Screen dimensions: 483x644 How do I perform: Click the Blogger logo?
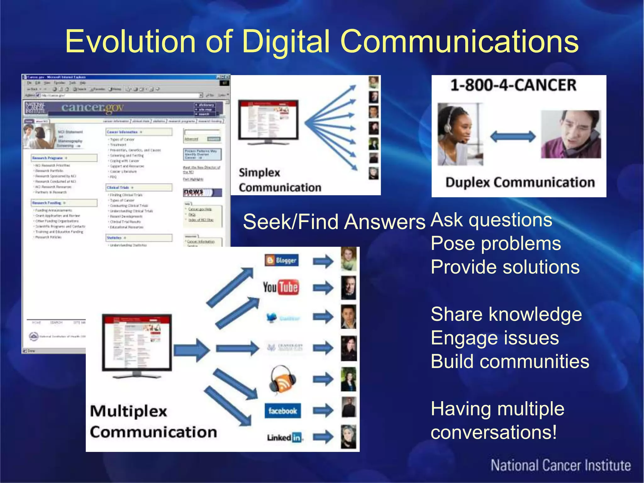point(281,260)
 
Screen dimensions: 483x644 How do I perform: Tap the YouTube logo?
point(281,287)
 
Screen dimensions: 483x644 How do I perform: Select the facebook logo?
point(282,411)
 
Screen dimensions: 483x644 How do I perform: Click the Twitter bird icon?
point(272,318)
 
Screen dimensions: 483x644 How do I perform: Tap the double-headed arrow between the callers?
point(513,137)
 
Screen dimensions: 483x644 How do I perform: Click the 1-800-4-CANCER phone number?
point(513,85)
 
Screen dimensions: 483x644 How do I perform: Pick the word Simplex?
point(259,173)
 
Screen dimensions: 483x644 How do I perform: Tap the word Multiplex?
point(128,411)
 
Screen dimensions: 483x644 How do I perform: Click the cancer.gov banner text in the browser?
point(92,108)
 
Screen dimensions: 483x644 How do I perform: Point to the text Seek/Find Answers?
point(334,222)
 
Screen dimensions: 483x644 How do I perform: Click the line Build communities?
point(510,361)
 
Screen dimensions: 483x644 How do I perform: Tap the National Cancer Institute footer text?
point(561,465)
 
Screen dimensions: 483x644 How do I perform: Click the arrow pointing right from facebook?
point(323,410)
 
